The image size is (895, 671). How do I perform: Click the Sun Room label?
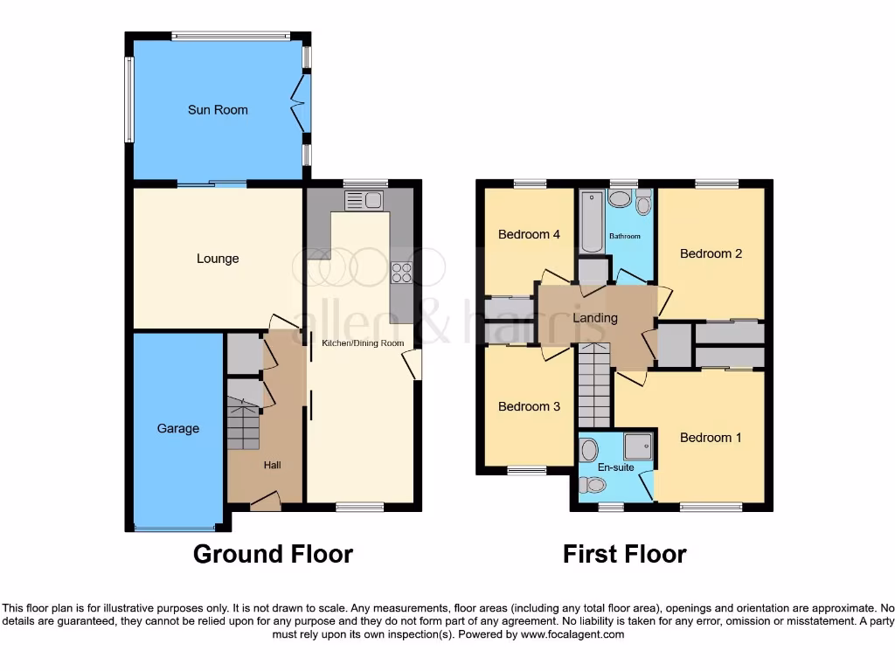click(x=218, y=110)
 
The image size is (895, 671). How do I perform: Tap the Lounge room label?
click(x=218, y=259)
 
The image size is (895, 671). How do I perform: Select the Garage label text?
click(x=177, y=428)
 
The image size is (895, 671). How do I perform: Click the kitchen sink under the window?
click(x=364, y=201)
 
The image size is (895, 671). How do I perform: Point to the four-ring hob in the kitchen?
click(x=401, y=273)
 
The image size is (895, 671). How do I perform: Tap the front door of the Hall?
click(x=265, y=502)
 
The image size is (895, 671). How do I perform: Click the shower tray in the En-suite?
click(x=638, y=447)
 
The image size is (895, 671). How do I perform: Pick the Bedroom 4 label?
click(x=529, y=234)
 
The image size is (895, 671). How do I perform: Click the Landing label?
click(x=595, y=318)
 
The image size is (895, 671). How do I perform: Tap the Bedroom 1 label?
click(x=711, y=437)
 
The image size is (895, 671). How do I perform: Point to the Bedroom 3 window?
click(x=527, y=471)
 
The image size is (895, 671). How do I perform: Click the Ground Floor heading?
click(x=273, y=554)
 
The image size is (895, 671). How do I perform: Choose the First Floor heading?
click(x=624, y=554)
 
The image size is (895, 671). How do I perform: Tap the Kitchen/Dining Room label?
click(x=363, y=343)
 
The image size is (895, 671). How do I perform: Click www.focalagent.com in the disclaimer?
click(x=572, y=634)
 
